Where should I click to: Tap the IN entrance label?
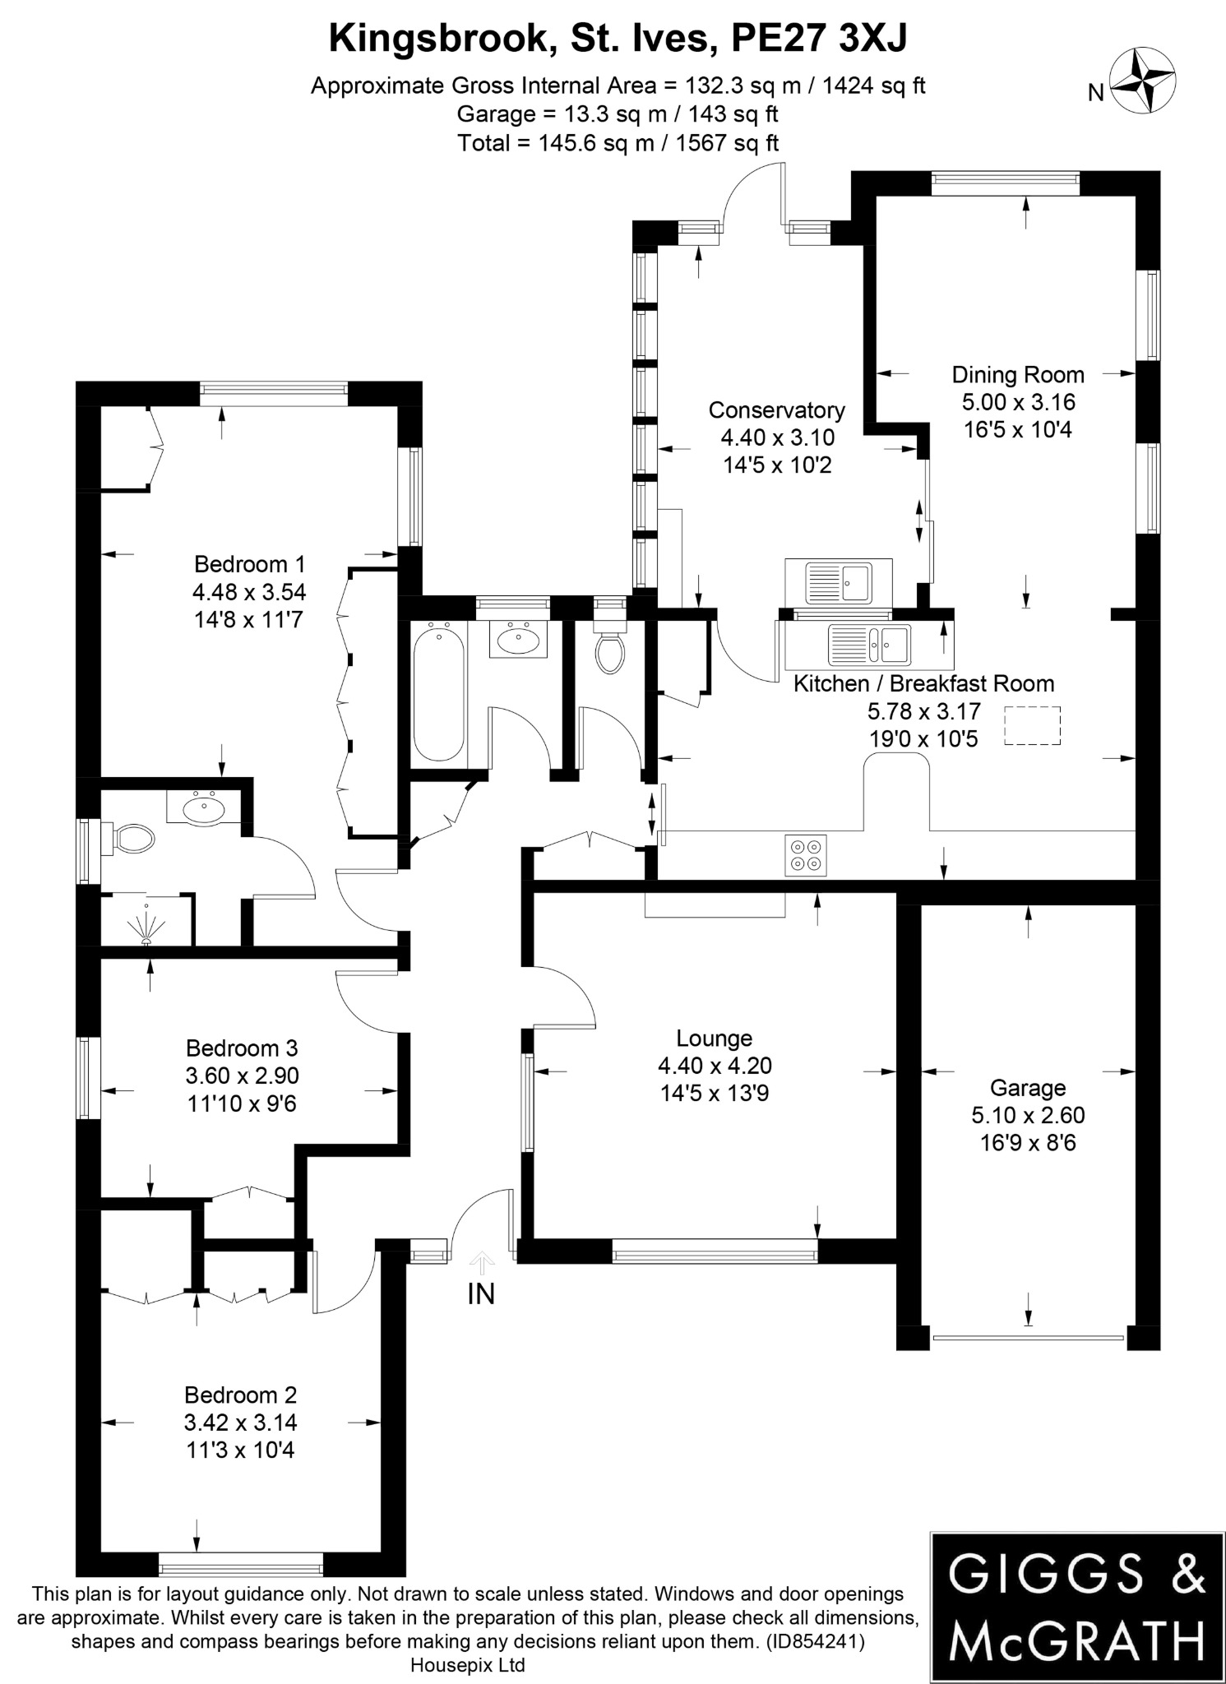coord(481,1293)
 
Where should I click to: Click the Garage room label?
coord(1027,1088)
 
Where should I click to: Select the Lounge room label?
coord(714,1038)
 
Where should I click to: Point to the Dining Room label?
coord(1018,375)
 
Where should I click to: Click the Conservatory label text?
coord(776,410)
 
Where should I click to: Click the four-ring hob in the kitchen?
coord(805,854)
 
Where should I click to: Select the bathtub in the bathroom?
coord(438,692)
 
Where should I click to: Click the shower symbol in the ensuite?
coord(146,926)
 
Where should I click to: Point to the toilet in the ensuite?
coord(132,839)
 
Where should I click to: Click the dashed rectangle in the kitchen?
coord(1032,725)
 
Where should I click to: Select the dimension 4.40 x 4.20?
coord(714,1066)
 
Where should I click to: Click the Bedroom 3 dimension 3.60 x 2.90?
coord(242,1076)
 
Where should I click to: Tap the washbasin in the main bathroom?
coord(519,639)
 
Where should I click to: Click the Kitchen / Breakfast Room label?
coord(923,684)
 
